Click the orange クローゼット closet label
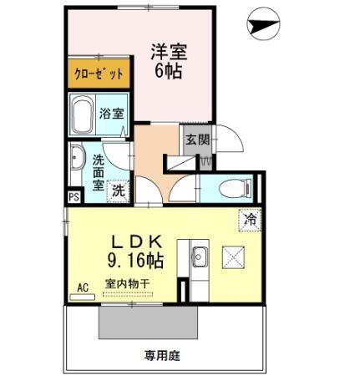[99, 74]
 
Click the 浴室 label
[110, 113]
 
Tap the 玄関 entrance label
[197, 140]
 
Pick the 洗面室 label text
[99, 172]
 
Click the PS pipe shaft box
[74, 197]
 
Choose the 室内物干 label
[126, 284]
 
